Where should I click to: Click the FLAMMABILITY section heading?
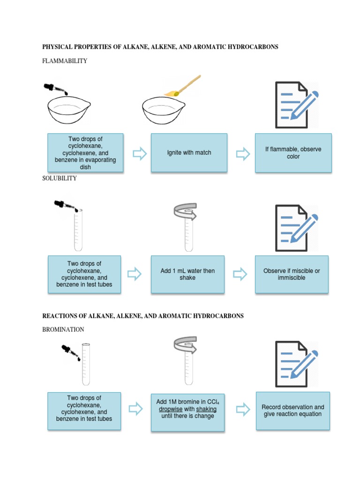65,61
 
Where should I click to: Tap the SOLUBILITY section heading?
60,178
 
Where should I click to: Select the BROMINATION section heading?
63,330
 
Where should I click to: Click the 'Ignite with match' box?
189,152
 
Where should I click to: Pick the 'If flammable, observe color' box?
293,152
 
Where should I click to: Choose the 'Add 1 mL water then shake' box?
187,274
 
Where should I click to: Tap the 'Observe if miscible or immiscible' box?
291,274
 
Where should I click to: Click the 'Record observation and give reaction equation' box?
292,411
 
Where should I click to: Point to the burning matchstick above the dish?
185,87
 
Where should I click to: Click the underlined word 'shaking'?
206,409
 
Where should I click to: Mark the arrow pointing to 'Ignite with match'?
140,153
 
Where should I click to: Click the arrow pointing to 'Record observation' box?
243,410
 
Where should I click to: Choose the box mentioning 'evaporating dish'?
85,152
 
